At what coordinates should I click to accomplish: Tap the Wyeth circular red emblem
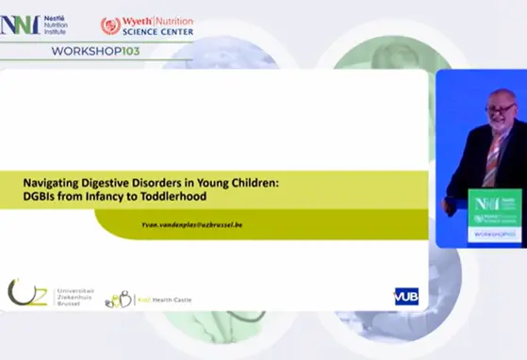point(110,25)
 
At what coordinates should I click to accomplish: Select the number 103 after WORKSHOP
point(131,50)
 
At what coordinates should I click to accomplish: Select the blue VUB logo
point(406,296)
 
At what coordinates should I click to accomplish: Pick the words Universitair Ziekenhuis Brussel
point(67,292)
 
